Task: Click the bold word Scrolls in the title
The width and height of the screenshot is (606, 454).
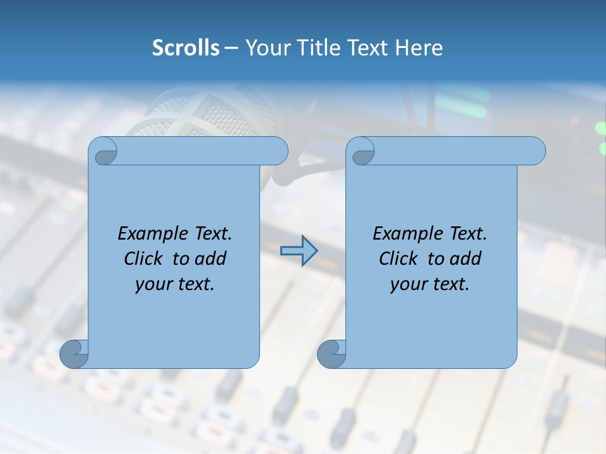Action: [186, 48]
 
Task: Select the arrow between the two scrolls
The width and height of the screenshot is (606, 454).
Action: [299, 251]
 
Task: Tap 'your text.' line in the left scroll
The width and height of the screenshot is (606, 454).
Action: [175, 284]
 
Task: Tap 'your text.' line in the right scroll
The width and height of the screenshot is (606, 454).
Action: [430, 284]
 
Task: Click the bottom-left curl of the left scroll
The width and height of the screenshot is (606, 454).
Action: [74, 354]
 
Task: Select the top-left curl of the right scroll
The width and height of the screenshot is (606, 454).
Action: [362, 152]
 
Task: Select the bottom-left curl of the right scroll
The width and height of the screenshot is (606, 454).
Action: [331, 354]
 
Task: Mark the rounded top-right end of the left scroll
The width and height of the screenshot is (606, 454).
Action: [278, 151]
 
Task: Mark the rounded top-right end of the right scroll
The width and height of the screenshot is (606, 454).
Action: [536, 151]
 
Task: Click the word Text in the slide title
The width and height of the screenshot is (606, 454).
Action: [368, 48]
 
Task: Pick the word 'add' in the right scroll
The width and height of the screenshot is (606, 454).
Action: [466, 259]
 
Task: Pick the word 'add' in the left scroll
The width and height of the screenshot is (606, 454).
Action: [211, 259]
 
